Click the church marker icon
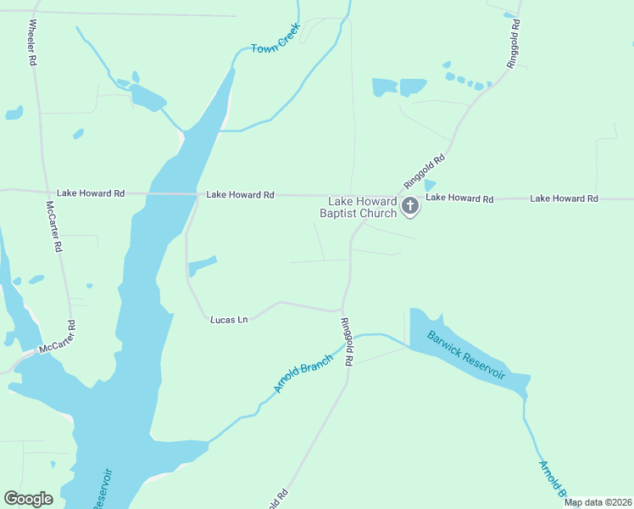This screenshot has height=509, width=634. point(410,206)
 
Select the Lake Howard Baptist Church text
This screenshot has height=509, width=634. point(362,207)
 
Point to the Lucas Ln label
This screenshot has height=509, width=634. point(229,320)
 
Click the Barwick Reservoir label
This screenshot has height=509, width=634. point(466,355)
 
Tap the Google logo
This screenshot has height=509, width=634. point(28,499)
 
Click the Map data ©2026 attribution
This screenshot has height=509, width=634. point(598,502)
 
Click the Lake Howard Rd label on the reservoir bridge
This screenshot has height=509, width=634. point(240,195)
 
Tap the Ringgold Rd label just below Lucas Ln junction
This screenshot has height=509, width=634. point(346,341)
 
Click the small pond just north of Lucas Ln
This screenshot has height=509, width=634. point(203,265)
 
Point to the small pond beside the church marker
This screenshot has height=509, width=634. point(429,186)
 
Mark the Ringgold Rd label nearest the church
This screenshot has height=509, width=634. point(425,171)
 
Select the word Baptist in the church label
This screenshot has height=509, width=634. point(341,213)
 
